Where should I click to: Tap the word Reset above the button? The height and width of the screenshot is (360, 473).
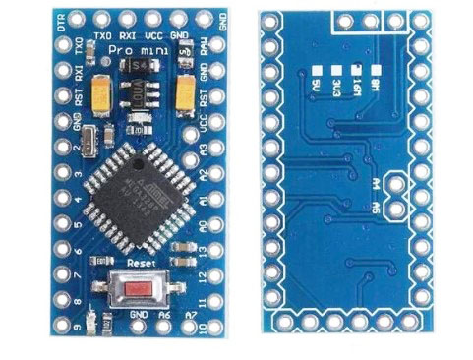142,263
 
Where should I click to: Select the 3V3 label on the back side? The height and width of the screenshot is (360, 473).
336,88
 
